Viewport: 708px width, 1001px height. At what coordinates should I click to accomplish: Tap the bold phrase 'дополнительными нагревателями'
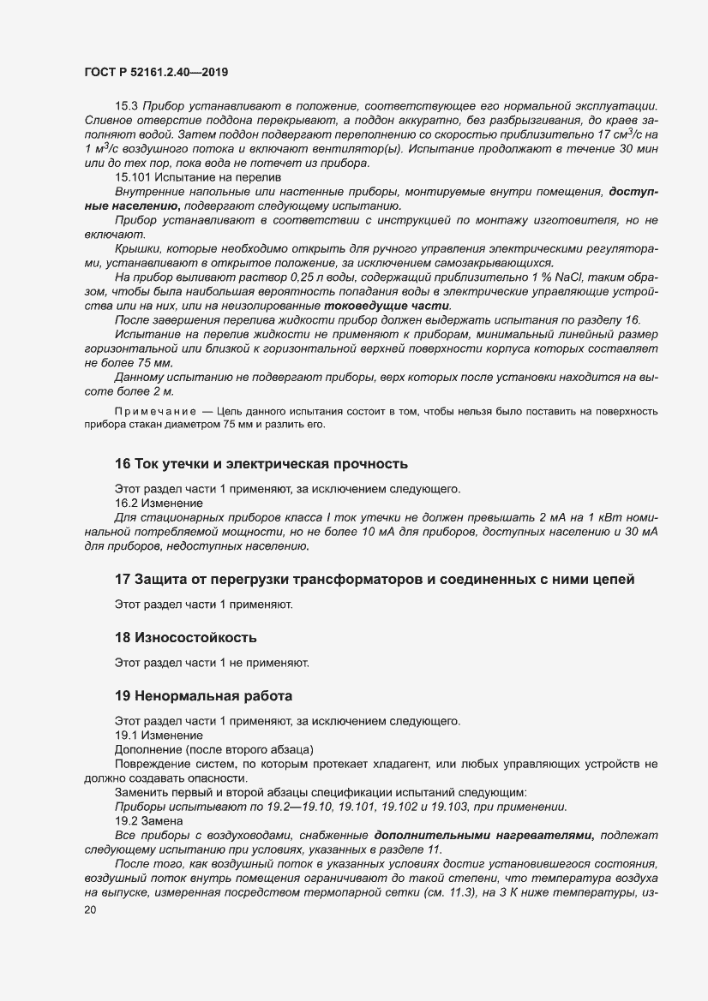[x=490, y=835]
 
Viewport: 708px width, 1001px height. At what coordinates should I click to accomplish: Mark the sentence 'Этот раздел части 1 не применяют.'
[x=211, y=662]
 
